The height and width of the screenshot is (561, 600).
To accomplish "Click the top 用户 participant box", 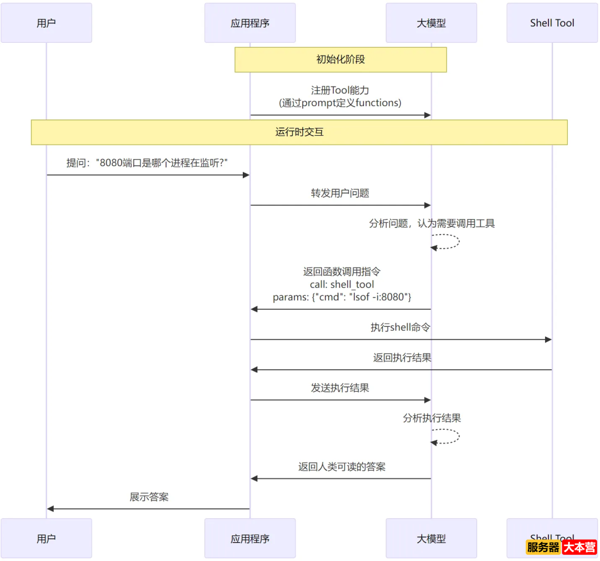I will tap(46, 23).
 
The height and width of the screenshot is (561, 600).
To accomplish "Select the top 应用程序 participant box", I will tap(250, 23).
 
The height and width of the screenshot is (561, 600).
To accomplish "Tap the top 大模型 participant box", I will tap(431, 23).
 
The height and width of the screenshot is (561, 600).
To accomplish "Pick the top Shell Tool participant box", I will tap(552, 23).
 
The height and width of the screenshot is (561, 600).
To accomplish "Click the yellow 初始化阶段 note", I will tap(341, 59).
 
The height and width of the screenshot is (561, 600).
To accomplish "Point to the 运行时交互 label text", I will tap(299, 132).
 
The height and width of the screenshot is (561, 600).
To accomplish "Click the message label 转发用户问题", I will tap(340, 193).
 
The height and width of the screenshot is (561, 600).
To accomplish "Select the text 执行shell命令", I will tap(400, 327).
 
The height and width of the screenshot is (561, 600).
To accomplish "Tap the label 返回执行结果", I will tap(402, 358).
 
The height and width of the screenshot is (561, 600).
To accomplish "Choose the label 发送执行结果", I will tap(340, 388).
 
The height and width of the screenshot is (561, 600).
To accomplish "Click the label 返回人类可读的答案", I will tap(342, 466).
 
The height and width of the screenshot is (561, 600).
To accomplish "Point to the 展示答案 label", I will tap(149, 497).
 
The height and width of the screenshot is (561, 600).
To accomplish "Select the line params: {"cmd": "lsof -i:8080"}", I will tap(342, 297).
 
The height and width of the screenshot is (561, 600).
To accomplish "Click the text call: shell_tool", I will tap(342, 285).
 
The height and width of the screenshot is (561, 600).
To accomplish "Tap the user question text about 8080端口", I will tap(148, 162).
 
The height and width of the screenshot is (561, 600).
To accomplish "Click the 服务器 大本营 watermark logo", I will tap(561, 547).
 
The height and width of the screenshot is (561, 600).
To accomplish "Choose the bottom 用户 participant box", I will tap(46, 538).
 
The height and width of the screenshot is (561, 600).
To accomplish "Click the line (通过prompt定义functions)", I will tap(340, 103).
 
